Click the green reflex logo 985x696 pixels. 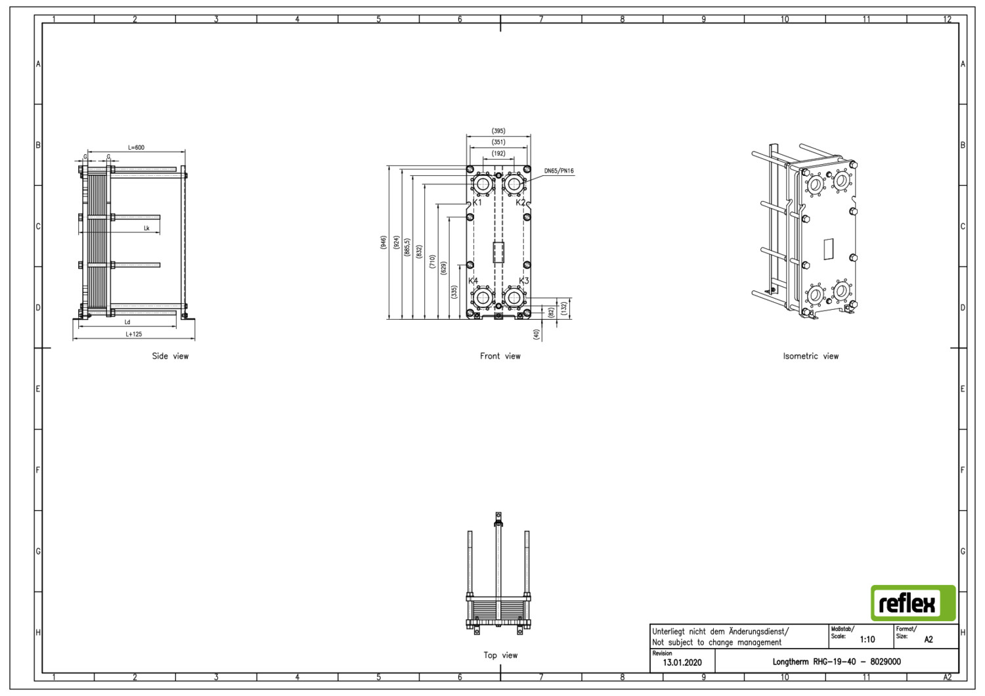click(913, 603)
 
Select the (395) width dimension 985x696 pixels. click(498, 131)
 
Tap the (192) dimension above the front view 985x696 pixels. click(498, 154)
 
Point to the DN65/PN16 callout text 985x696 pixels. click(559, 171)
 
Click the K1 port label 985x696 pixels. click(477, 202)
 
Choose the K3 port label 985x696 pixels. click(524, 280)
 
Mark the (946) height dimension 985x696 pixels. click(383, 243)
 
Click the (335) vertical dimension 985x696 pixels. click(454, 292)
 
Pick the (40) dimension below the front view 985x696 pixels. click(536, 334)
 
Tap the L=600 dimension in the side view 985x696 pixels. click(136, 147)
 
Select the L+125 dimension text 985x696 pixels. click(134, 334)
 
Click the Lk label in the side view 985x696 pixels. click(147, 228)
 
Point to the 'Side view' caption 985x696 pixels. click(170, 356)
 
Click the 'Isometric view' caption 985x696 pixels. click(810, 356)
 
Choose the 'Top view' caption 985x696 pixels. click(500, 655)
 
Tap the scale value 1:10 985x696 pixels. click(867, 640)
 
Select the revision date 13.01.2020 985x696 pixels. click(682, 663)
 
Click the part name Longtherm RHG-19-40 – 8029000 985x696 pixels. click(837, 662)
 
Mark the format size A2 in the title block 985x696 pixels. click(929, 640)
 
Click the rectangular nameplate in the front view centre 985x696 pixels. click(498, 252)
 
